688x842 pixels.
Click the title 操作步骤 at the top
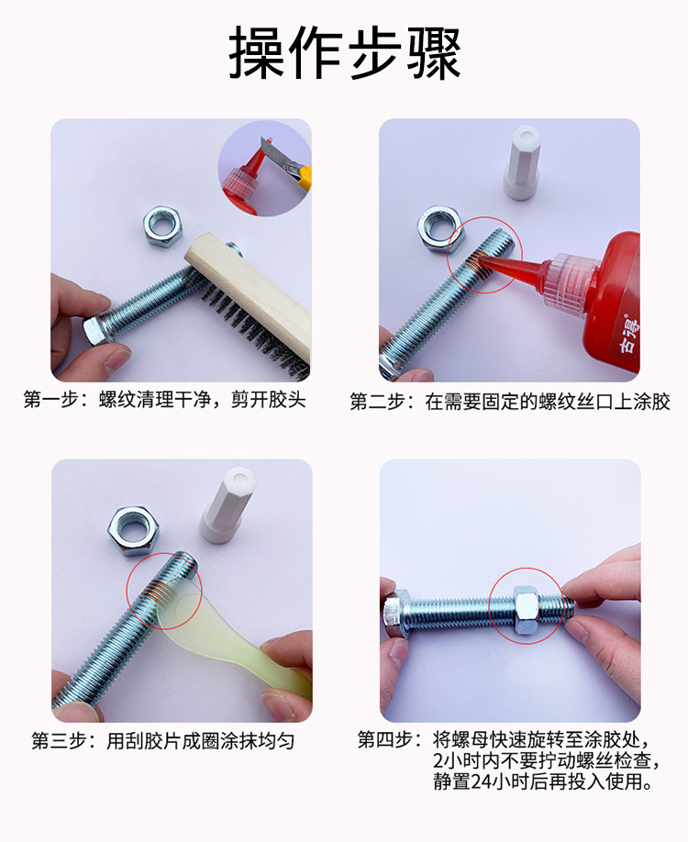coord(344,53)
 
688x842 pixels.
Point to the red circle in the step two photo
coord(484,255)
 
